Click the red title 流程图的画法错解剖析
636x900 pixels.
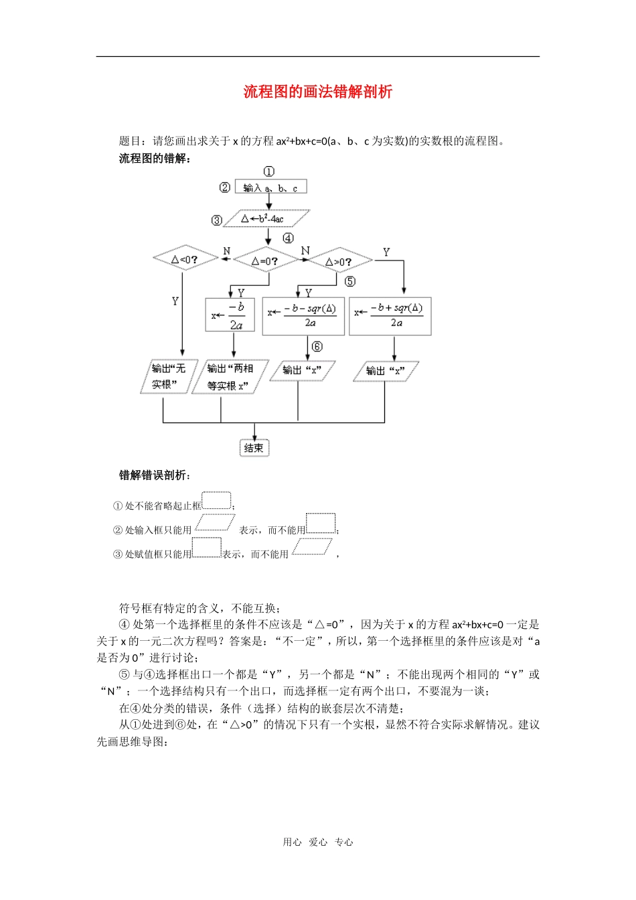pyautogui.click(x=317, y=92)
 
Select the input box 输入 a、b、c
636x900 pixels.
pyautogui.click(x=270, y=187)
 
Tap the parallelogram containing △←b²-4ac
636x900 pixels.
pyautogui.click(x=265, y=219)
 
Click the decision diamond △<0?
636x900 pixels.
pyautogui.click(x=185, y=258)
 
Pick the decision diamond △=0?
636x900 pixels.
pyautogui.click(x=265, y=260)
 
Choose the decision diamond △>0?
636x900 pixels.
pyautogui.click(x=339, y=261)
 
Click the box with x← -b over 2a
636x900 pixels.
pyautogui.click(x=230, y=315)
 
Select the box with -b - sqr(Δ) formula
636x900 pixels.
pyautogui.click(x=303, y=316)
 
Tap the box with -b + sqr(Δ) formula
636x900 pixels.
pyautogui.click(x=390, y=316)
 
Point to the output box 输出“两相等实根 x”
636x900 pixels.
pyautogui.click(x=230, y=377)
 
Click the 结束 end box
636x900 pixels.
pyautogui.click(x=254, y=448)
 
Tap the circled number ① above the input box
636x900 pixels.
pyautogui.click(x=268, y=171)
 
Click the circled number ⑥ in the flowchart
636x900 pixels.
pyautogui.click(x=317, y=346)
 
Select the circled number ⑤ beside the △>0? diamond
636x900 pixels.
pyautogui.click(x=350, y=281)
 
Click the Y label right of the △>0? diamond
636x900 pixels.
pyautogui.click(x=386, y=252)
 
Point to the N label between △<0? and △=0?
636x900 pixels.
pyautogui.click(x=226, y=251)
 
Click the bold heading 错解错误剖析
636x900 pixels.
pyautogui.click(x=155, y=475)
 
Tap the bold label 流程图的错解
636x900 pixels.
pyautogui.click(x=155, y=158)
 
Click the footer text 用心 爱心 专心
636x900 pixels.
pyautogui.click(x=317, y=842)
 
